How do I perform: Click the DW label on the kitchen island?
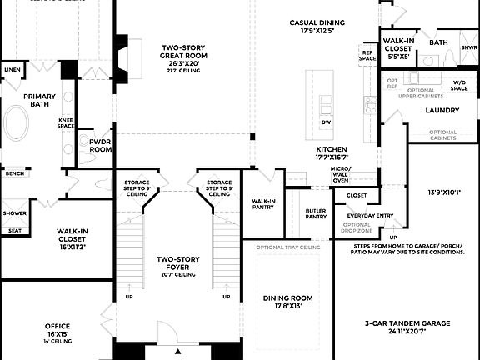[x=327, y=122]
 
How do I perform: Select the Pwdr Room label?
[x=100, y=144]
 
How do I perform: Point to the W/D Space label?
[x=459, y=85]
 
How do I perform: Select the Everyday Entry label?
[x=369, y=215]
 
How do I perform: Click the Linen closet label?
[x=11, y=69]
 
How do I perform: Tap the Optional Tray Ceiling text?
[x=288, y=247]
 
